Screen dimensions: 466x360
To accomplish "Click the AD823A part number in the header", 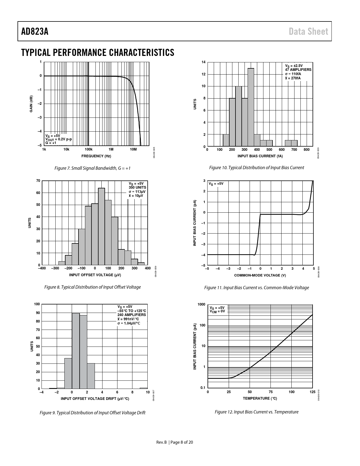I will click(x=35, y=31).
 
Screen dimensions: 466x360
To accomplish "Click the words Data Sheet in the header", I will click(x=308, y=31).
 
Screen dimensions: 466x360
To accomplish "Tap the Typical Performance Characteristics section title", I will click(x=97, y=53).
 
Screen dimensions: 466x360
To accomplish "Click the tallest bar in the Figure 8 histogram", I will click(x=101, y=226).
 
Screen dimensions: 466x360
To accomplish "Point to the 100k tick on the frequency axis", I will click(x=88, y=149).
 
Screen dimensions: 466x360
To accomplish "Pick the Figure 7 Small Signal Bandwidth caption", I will click(x=92, y=168).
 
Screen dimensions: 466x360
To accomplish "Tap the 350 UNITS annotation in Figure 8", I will click(x=138, y=187).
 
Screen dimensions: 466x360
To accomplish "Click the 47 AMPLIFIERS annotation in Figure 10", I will click(x=298, y=69).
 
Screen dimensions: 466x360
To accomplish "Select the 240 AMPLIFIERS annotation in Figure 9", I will click(x=132, y=315).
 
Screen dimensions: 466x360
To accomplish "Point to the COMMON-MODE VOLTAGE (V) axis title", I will click(x=260, y=275).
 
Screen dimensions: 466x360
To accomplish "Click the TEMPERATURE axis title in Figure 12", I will click(x=260, y=399).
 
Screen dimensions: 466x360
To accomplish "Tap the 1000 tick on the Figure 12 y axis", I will click(x=201, y=304).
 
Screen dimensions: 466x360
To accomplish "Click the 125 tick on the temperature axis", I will click(x=312, y=392).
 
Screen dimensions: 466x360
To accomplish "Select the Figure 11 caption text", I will click(x=256, y=288).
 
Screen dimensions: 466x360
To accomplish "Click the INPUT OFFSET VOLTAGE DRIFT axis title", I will click(x=95, y=399).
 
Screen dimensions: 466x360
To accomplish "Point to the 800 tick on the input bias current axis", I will click(x=307, y=150).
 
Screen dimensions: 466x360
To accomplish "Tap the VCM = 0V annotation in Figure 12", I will click(x=217, y=311).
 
